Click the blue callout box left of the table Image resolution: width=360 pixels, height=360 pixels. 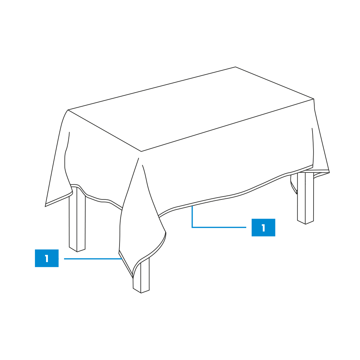[46, 258]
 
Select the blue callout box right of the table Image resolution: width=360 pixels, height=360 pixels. [264, 228]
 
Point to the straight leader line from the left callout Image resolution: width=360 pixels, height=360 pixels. [93, 259]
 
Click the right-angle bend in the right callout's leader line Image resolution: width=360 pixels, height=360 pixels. [192, 227]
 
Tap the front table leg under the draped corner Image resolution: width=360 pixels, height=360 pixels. [141, 275]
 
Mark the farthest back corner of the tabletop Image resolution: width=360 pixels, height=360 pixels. [235, 67]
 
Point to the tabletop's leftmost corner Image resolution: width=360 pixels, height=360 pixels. [68, 110]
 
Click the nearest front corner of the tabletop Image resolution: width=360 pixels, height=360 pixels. [141, 152]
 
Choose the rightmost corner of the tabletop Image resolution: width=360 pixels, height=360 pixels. [314, 99]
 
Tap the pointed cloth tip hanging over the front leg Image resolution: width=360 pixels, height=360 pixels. [133, 278]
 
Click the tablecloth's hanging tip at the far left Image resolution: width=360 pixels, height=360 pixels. [45, 206]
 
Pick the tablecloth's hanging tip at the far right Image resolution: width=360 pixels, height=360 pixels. [329, 172]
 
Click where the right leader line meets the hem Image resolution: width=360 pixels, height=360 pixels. [192, 206]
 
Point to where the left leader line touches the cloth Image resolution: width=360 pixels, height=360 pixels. [122, 259]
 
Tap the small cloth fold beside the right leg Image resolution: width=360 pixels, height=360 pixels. [294, 185]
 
